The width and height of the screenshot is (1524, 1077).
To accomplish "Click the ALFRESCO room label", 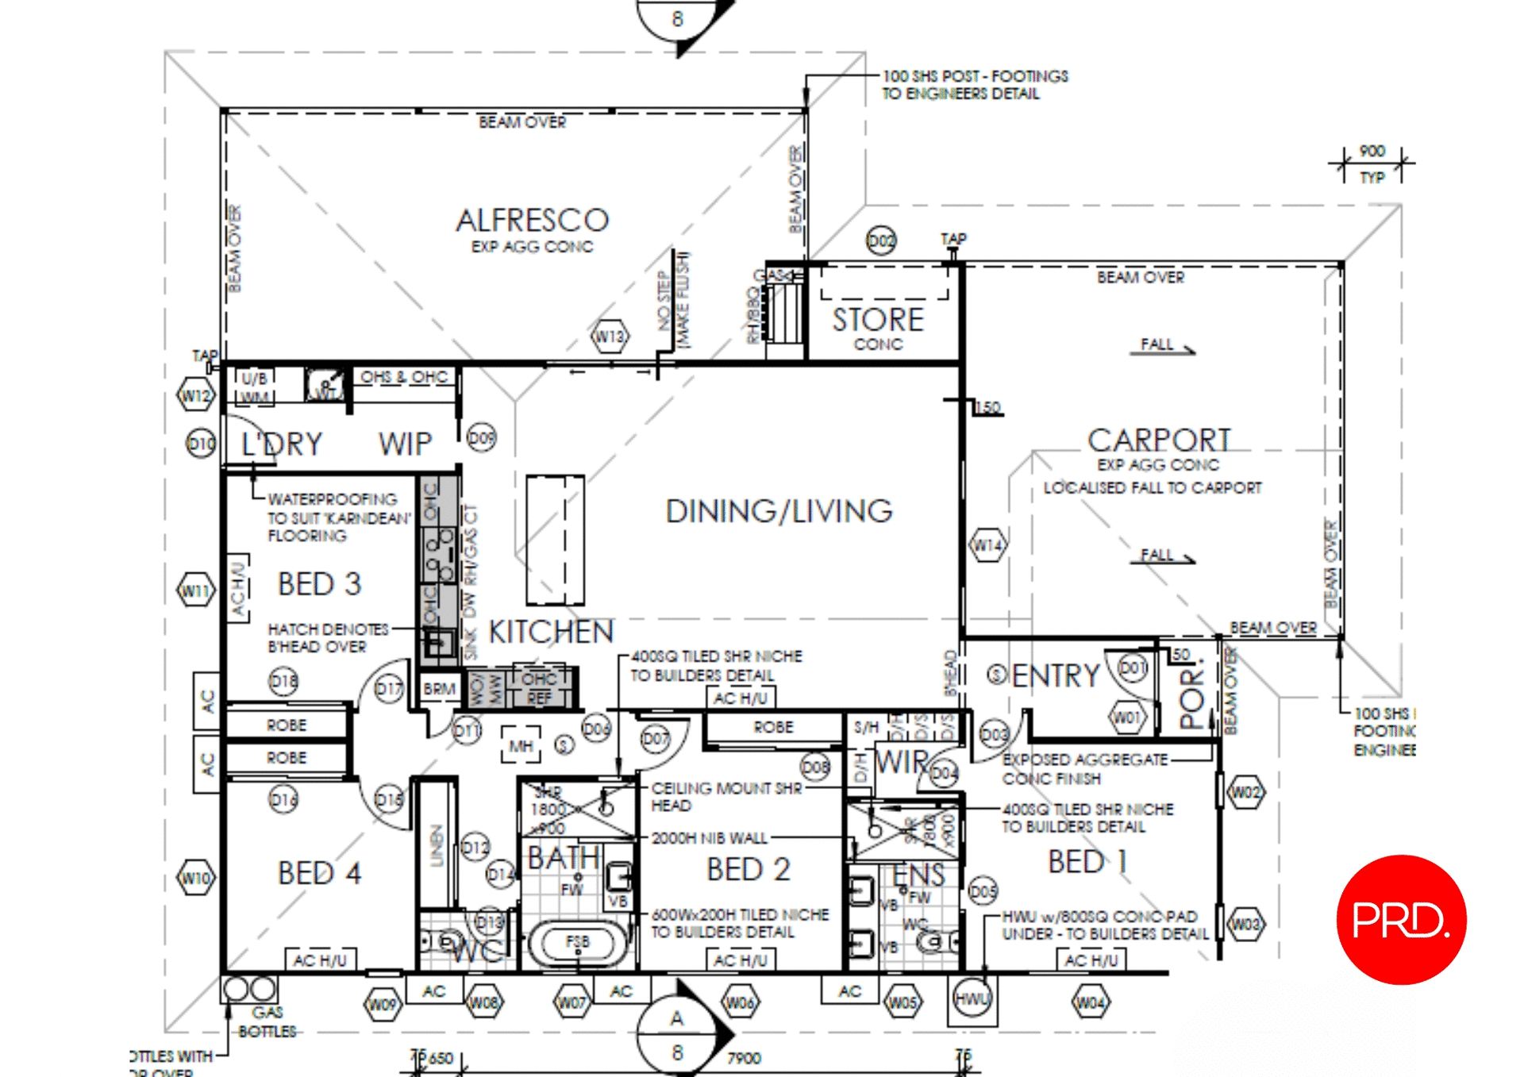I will (x=532, y=220).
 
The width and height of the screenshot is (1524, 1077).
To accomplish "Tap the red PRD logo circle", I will (x=1401, y=919).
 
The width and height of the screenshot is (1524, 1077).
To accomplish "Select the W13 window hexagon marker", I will (x=610, y=337).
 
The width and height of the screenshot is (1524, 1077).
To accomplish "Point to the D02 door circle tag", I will (x=880, y=240).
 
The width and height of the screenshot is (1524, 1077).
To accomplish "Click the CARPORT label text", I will (x=1158, y=440).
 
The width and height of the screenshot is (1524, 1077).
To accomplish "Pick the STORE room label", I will (x=878, y=319).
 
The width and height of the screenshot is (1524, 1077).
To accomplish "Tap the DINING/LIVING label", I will (x=779, y=511).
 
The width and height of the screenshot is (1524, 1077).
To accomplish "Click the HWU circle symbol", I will (x=972, y=998).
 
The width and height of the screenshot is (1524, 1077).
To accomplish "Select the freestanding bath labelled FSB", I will (x=577, y=942).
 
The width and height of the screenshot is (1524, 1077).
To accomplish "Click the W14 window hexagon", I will (x=987, y=545).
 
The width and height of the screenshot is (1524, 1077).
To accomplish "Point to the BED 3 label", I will (x=319, y=584).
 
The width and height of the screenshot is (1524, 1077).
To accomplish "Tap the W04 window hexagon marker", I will (x=1090, y=1003).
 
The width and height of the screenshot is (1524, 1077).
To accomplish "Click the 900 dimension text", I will (x=1372, y=151).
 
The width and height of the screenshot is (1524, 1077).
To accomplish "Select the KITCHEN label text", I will (x=551, y=632).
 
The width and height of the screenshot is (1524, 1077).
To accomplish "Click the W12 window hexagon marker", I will (x=195, y=394).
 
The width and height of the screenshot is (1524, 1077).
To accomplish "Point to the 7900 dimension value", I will (x=744, y=1058).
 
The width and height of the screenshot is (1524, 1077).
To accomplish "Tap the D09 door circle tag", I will (x=481, y=438).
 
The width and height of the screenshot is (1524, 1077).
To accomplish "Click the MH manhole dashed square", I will (x=521, y=746).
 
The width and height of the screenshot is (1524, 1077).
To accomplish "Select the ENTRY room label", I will (x=1055, y=675).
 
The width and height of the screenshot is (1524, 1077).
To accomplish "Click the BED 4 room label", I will (x=319, y=873).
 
